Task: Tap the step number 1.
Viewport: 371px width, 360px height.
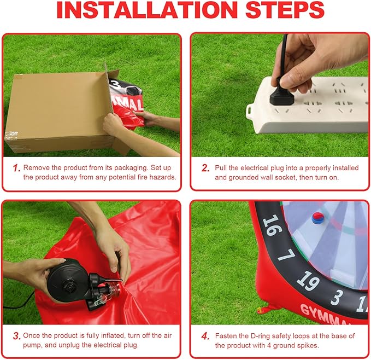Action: point(16,167)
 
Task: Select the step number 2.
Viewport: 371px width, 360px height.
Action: point(205,167)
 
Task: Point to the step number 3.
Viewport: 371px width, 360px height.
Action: point(16,335)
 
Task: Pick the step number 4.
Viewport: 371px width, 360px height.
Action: point(205,335)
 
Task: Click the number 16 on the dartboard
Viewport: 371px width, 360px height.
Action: point(272,224)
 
